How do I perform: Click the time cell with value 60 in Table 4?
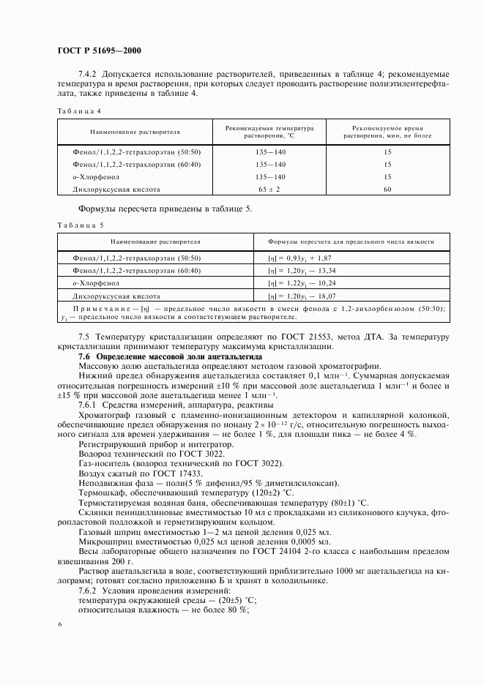point(387,190)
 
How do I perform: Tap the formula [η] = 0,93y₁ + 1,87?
point(301,258)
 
